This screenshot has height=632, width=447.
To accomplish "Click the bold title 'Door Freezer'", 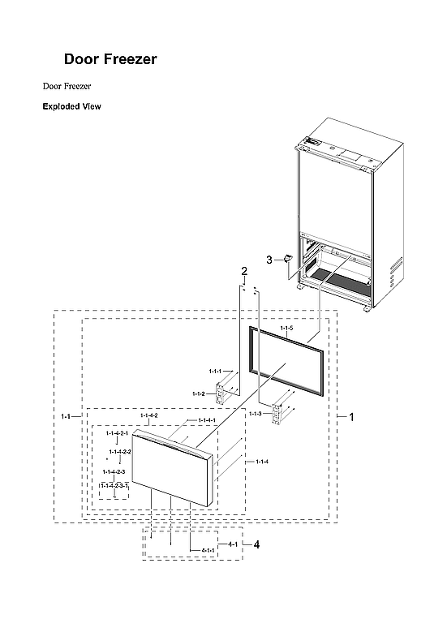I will coord(110,59).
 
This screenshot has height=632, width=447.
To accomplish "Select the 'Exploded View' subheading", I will coord(71,106).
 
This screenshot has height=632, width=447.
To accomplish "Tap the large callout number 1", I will coord(351,416).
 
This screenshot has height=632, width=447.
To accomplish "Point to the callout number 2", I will coord(243,270).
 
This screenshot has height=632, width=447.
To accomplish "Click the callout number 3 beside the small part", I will coord(269,259).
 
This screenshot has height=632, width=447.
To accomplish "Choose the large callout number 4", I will coord(256,544).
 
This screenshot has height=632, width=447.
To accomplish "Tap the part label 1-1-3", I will coord(256,414).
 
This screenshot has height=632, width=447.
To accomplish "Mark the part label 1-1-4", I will coord(261,462).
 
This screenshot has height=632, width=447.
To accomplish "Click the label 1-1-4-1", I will coord(207,420).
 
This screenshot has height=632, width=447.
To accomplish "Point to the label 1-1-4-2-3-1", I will coord(114,484).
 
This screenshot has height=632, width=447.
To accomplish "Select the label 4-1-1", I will coord(208,551).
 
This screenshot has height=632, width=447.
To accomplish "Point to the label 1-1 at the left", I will coord(66,416).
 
